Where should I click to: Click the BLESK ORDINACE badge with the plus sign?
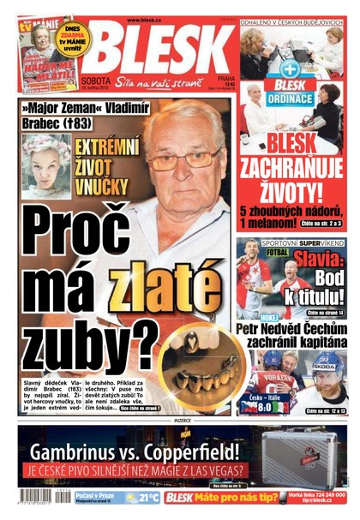288,87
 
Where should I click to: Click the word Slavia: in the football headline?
318,257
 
